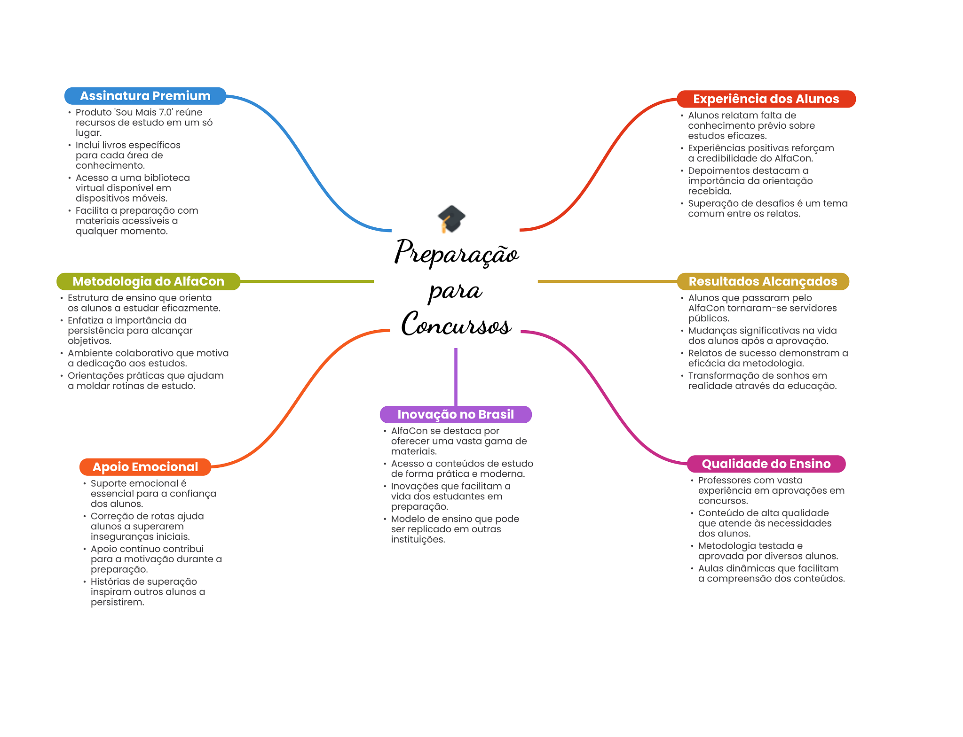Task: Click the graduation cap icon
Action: [451, 219]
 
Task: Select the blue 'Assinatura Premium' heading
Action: [145, 96]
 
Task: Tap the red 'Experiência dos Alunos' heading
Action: [766, 99]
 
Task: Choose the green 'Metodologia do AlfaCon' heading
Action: [148, 281]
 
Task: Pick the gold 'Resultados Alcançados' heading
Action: [763, 281]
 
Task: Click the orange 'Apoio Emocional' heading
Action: [145, 467]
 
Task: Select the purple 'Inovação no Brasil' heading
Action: [456, 414]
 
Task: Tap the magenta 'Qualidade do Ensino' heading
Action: [766, 464]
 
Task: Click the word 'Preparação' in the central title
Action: [457, 253]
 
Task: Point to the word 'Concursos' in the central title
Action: [456, 324]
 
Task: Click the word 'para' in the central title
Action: [455, 291]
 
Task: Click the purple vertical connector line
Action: [456, 377]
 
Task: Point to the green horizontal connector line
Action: [307, 281]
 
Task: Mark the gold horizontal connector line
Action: [608, 281]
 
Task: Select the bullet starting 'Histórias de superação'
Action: [148, 592]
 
